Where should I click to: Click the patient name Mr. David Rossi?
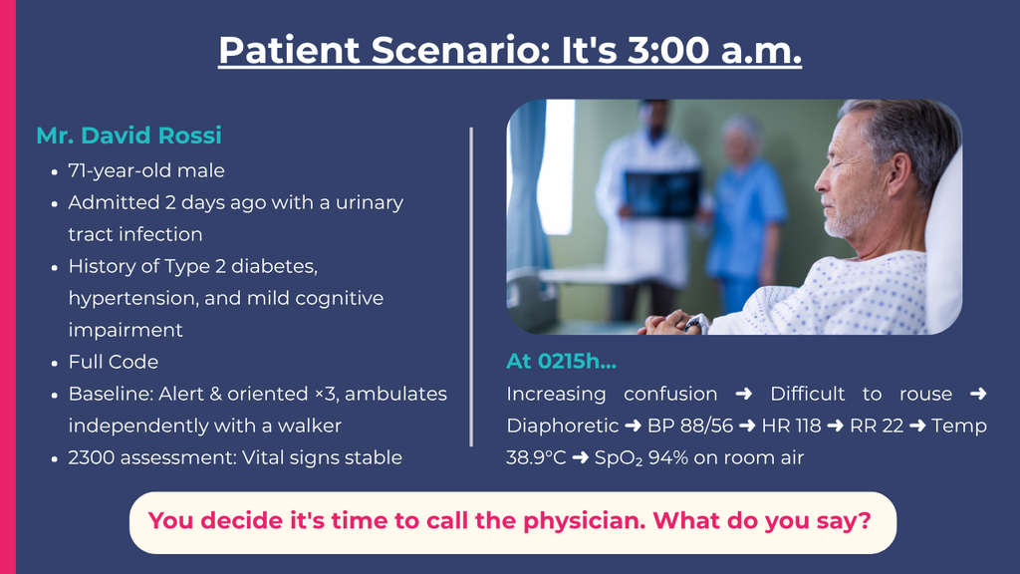point(128,136)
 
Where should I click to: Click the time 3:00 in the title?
point(668,50)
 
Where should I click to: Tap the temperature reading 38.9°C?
point(536,457)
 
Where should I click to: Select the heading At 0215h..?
point(562,361)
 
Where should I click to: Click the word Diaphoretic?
point(562,426)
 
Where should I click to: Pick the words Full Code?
point(114,362)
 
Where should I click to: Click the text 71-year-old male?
point(146,170)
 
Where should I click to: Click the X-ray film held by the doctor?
point(662,193)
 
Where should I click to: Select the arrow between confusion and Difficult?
point(743,394)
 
